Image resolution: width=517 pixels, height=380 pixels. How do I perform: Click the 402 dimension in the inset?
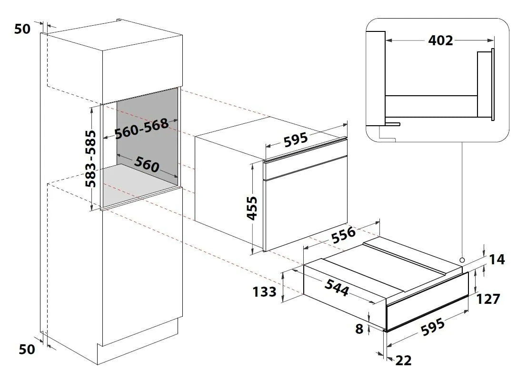(x=440, y=40)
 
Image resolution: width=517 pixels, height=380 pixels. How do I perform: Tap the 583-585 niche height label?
(x=90, y=159)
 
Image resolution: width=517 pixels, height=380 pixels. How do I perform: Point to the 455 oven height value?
(x=252, y=208)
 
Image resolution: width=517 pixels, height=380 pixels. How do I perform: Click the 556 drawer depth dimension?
(x=344, y=235)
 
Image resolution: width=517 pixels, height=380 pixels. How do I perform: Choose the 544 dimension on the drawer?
(x=337, y=287)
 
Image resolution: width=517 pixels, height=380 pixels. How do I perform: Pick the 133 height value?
(x=264, y=291)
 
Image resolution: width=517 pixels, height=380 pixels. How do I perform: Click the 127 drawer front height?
(x=488, y=299)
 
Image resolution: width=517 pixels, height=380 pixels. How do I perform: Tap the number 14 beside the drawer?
(x=497, y=260)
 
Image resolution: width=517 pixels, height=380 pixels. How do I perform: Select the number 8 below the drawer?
(x=359, y=329)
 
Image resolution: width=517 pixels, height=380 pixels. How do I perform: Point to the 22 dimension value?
(x=403, y=360)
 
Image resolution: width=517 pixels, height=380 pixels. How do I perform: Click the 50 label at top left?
(x=22, y=29)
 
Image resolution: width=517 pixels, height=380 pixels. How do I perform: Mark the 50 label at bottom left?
(x=27, y=350)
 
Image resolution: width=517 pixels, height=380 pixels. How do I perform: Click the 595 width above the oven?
(x=296, y=140)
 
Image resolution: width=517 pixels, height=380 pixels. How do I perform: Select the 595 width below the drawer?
(x=433, y=327)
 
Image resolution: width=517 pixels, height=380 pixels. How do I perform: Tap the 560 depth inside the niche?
(x=147, y=164)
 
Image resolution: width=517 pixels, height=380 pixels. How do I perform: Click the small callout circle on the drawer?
(x=462, y=260)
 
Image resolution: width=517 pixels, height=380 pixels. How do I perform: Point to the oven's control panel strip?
(x=305, y=168)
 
